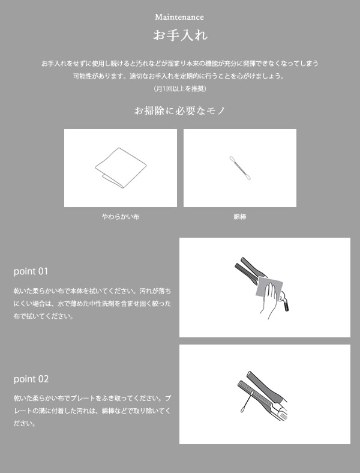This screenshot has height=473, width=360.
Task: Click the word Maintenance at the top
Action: point(179,17)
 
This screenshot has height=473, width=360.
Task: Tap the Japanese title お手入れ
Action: point(181,35)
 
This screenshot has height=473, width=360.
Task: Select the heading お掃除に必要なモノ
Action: point(180,110)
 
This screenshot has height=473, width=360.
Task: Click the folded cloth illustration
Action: point(121,167)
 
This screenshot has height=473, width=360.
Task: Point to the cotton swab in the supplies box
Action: point(240,168)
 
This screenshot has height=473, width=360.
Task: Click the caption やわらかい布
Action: point(121,217)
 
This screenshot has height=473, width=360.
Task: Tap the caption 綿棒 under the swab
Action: point(240,217)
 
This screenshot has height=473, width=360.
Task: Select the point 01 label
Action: point(31,271)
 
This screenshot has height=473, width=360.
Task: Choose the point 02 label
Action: point(31,379)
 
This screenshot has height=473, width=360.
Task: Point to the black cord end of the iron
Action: point(286,306)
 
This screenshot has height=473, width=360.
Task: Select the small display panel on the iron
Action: point(283,417)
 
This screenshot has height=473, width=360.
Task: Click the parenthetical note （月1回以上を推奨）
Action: point(180,89)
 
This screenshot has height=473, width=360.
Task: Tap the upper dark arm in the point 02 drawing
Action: point(265,387)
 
